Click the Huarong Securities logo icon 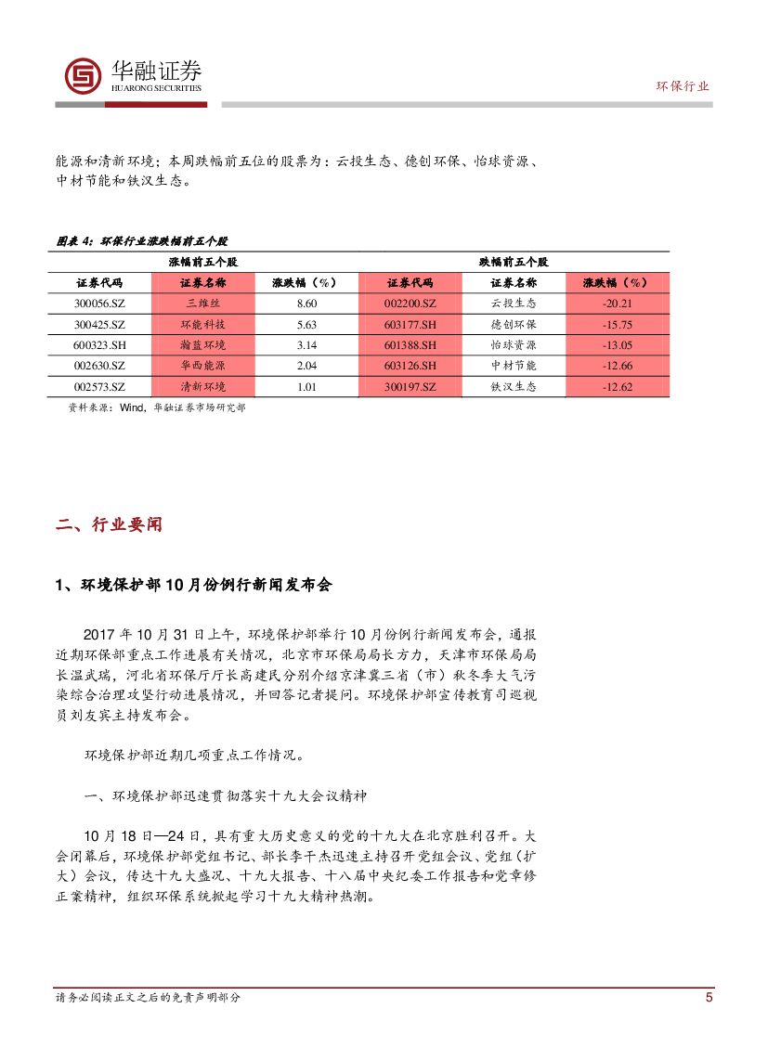click(83, 75)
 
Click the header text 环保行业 click(683, 86)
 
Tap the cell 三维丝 click(202, 304)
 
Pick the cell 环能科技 click(202, 325)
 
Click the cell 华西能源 click(202, 366)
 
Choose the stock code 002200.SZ click(410, 304)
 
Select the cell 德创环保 click(514, 325)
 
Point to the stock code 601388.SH click(410, 345)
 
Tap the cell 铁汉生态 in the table click(514, 387)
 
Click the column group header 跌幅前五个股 click(514, 263)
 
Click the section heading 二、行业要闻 click(109, 524)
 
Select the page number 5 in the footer click(709, 998)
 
